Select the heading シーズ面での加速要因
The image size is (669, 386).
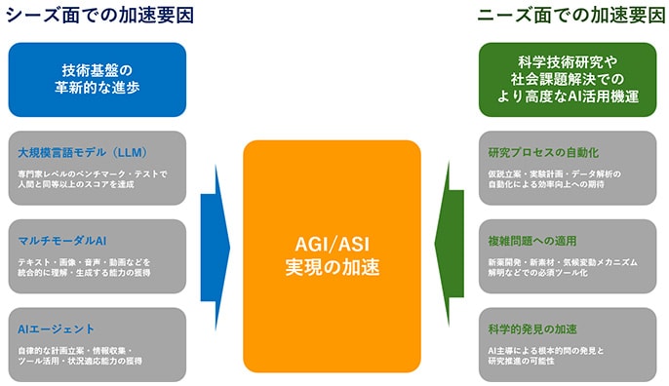pos(98,15)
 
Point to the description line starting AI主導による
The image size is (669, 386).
pos(553,349)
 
